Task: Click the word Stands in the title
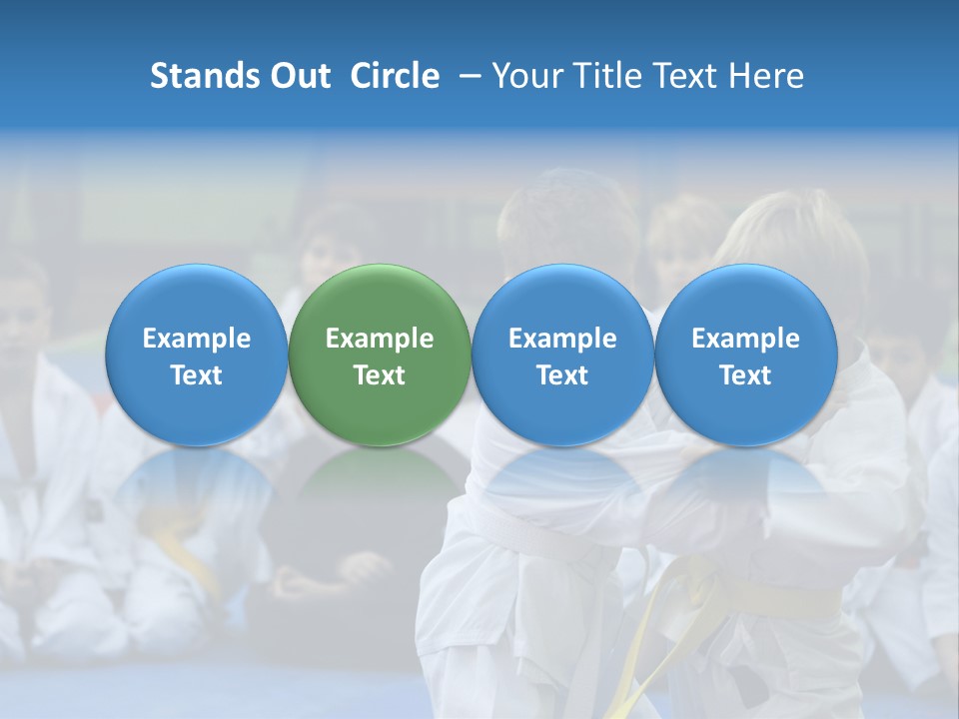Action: (197, 76)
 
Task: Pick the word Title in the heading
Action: (609, 76)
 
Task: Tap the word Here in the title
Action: (766, 76)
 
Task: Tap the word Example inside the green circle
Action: (380, 339)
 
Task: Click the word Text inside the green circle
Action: (380, 375)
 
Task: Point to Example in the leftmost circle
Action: (196, 339)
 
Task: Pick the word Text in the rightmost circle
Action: (746, 375)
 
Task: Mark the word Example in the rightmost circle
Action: (746, 339)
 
